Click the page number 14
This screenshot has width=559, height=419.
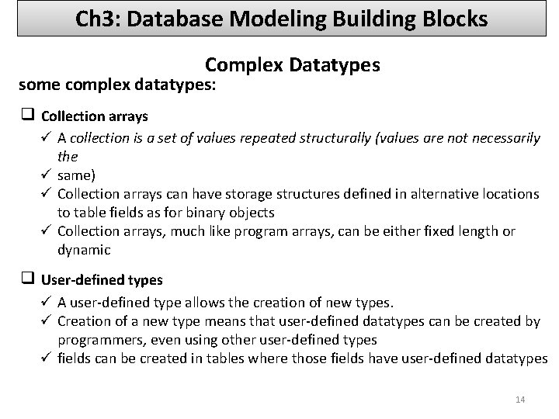tap(520, 400)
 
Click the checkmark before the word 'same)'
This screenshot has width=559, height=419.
tap(47, 175)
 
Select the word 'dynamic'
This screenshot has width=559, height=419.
tap(84, 249)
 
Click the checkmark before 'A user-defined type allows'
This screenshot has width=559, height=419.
tap(47, 302)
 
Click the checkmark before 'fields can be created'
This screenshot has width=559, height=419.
tap(47, 358)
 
